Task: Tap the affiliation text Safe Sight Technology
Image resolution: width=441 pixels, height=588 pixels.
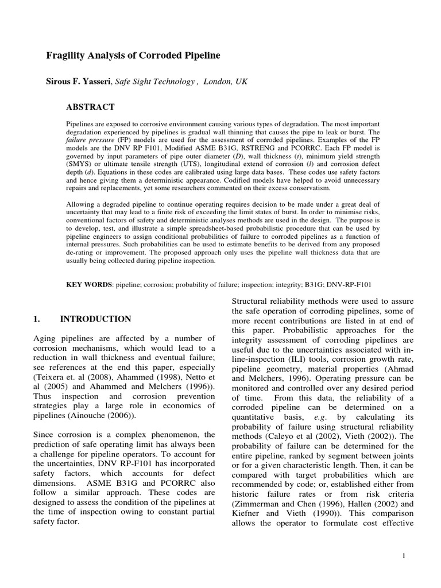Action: point(154,82)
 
